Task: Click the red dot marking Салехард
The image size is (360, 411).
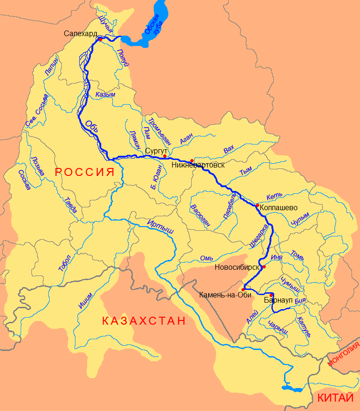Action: tap(100, 39)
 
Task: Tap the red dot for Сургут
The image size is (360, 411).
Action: tap(165, 156)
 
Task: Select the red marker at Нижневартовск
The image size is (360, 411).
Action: tap(192, 161)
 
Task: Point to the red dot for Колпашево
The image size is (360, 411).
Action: tap(257, 205)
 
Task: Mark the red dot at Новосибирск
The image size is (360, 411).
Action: tap(264, 267)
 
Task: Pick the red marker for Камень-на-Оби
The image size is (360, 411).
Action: tap(243, 289)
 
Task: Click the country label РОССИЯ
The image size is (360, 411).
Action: tap(85, 172)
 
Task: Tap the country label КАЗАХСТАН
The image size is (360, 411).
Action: tap(143, 321)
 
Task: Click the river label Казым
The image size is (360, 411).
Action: tap(105, 94)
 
